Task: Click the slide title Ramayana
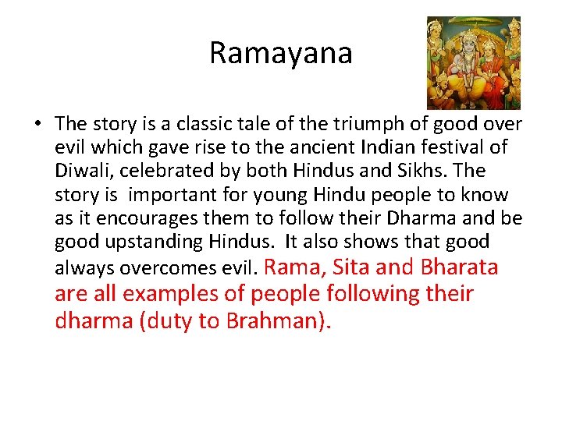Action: pos(281,53)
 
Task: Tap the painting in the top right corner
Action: pos(474,62)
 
